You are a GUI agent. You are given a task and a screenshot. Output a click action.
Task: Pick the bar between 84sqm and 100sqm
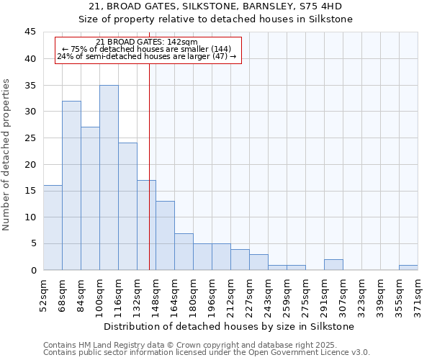(x=90, y=199)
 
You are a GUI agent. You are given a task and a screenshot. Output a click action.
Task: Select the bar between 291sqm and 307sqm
(x=333, y=265)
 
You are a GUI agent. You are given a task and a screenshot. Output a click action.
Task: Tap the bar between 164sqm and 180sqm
(x=184, y=251)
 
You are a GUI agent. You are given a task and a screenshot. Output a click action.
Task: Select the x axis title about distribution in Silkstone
(x=230, y=326)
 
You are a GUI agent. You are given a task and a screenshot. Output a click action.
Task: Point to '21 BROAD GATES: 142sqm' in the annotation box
(x=147, y=42)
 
